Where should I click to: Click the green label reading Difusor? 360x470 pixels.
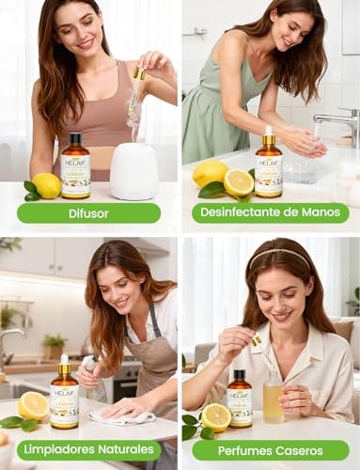coord(89,212)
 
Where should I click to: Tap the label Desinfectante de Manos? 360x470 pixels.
coord(270,212)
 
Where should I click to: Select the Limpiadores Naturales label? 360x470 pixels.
coord(89,449)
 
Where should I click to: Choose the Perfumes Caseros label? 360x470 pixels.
coord(270,449)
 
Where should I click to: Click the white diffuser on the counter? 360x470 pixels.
coord(133,171)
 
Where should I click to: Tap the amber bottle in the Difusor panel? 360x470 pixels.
coord(75,165)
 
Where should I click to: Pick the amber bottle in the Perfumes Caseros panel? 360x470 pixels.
coord(240,399)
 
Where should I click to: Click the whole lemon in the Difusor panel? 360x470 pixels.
coord(46,184)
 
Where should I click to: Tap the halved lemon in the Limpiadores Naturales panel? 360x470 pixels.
coord(34,406)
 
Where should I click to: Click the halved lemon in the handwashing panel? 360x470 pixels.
coord(238,181)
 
